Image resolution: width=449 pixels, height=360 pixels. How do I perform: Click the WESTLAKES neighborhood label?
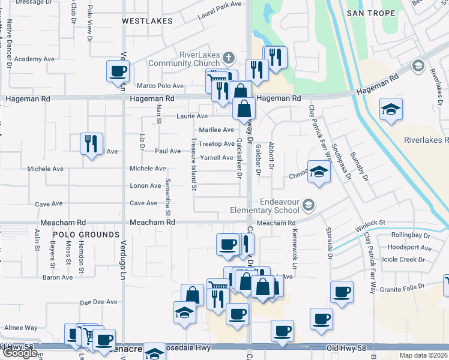pos(147,21)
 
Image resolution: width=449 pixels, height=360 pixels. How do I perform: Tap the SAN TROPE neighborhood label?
pos(371,13)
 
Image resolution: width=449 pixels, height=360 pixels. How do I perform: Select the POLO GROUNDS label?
pos(85,234)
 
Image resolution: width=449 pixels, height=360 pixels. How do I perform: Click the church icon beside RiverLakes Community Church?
pos(228,58)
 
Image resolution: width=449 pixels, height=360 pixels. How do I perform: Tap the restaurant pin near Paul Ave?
pos(91,143)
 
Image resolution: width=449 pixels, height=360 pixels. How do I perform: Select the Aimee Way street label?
pos(20,328)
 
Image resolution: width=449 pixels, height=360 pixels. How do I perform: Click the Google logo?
pos(19,353)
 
